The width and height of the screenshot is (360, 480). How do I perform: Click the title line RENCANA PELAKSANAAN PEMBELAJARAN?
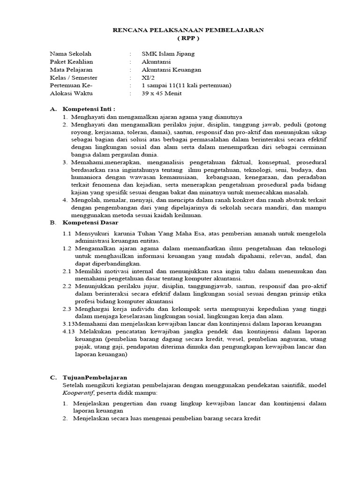[188, 30]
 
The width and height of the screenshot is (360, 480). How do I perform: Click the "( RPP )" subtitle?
[188, 38]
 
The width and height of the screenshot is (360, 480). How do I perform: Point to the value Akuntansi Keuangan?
[171, 70]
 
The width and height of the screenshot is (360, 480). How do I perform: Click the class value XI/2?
[148, 78]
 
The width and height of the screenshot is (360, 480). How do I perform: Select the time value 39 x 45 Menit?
[162, 93]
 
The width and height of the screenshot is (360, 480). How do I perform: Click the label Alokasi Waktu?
[71, 93]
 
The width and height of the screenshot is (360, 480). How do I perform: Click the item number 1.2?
[67, 248]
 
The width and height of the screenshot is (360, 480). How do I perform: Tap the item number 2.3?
[67, 308]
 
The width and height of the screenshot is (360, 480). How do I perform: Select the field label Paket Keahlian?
[71, 62]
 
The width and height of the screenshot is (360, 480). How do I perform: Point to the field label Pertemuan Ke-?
[71, 85]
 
